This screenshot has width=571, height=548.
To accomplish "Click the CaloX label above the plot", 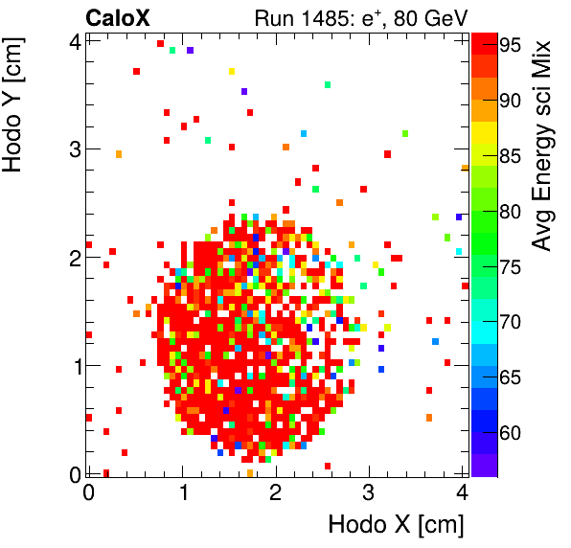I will pyautogui.click(x=118, y=17).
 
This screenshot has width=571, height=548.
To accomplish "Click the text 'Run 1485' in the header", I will pyautogui.click(x=294, y=17).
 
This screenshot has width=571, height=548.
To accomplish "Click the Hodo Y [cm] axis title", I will pyautogui.click(x=16, y=106).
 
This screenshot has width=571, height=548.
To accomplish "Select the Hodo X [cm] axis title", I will pyautogui.click(x=395, y=524).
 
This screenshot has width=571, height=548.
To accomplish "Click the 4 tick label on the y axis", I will pyautogui.click(x=73, y=41).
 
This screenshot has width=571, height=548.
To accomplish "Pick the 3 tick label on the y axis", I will pyautogui.click(x=73, y=149).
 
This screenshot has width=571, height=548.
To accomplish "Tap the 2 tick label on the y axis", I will pyautogui.click(x=73, y=258).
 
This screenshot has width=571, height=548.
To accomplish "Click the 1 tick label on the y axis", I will pyautogui.click(x=73, y=366).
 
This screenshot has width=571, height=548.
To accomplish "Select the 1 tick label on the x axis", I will pyautogui.click(x=183, y=493).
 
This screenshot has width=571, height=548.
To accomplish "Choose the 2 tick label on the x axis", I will pyautogui.click(x=276, y=493).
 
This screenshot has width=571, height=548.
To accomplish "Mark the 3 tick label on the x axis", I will pyautogui.click(x=370, y=493).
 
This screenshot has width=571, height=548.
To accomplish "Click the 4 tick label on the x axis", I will pyautogui.click(x=462, y=493).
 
